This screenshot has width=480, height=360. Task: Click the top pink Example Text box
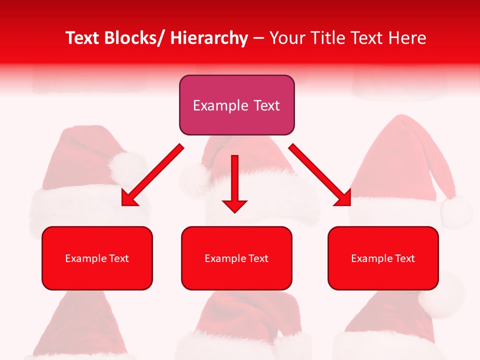pyautogui.click(x=236, y=105)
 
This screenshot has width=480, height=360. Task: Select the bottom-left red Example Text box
pyautogui.click(x=97, y=258)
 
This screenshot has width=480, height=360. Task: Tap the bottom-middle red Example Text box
pyautogui.click(x=236, y=258)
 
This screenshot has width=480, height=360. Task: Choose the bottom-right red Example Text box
pyautogui.click(x=383, y=258)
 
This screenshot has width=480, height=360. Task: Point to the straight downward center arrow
pyautogui.click(x=234, y=182)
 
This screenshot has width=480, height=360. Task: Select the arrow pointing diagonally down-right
pyautogui.click(x=320, y=175)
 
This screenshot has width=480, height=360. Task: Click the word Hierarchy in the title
pyautogui.click(x=209, y=38)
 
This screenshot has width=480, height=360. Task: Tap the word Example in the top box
pyautogui.click(x=220, y=106)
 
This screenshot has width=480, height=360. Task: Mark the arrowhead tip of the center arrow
pyautogui.click(x=234, y=211)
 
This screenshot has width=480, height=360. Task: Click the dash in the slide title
pyautogui.click(x=258, y=38)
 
